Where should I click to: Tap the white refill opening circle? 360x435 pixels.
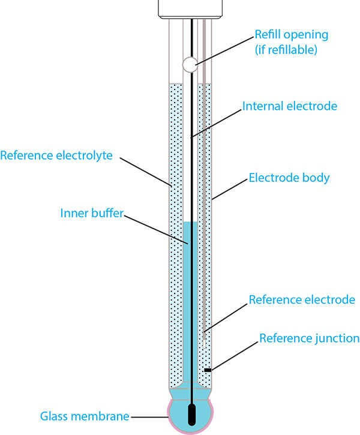click(x=189, y=63)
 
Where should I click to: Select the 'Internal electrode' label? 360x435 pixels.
click(x=290, y=106)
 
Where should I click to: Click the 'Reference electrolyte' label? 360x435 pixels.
click(x=57, y=155)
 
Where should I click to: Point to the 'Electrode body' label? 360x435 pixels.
click(x=289, y=178)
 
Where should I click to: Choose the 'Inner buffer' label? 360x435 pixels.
click(x=91, y=213)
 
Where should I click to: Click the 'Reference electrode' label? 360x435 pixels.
click(x=302, y=299)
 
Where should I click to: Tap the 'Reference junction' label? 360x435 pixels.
click(x=309, y=338)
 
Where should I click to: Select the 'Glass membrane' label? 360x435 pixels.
click(x=84, y=415)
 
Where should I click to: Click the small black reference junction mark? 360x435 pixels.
click(x=208, y=370)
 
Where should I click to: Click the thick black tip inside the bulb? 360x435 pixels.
click(x=191, y=416)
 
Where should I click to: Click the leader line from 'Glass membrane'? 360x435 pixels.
click(x=150, y=415)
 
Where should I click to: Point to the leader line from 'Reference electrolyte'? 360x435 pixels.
click(x=147, y=172)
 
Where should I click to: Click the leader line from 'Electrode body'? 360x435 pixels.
click(x=229, y=188)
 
